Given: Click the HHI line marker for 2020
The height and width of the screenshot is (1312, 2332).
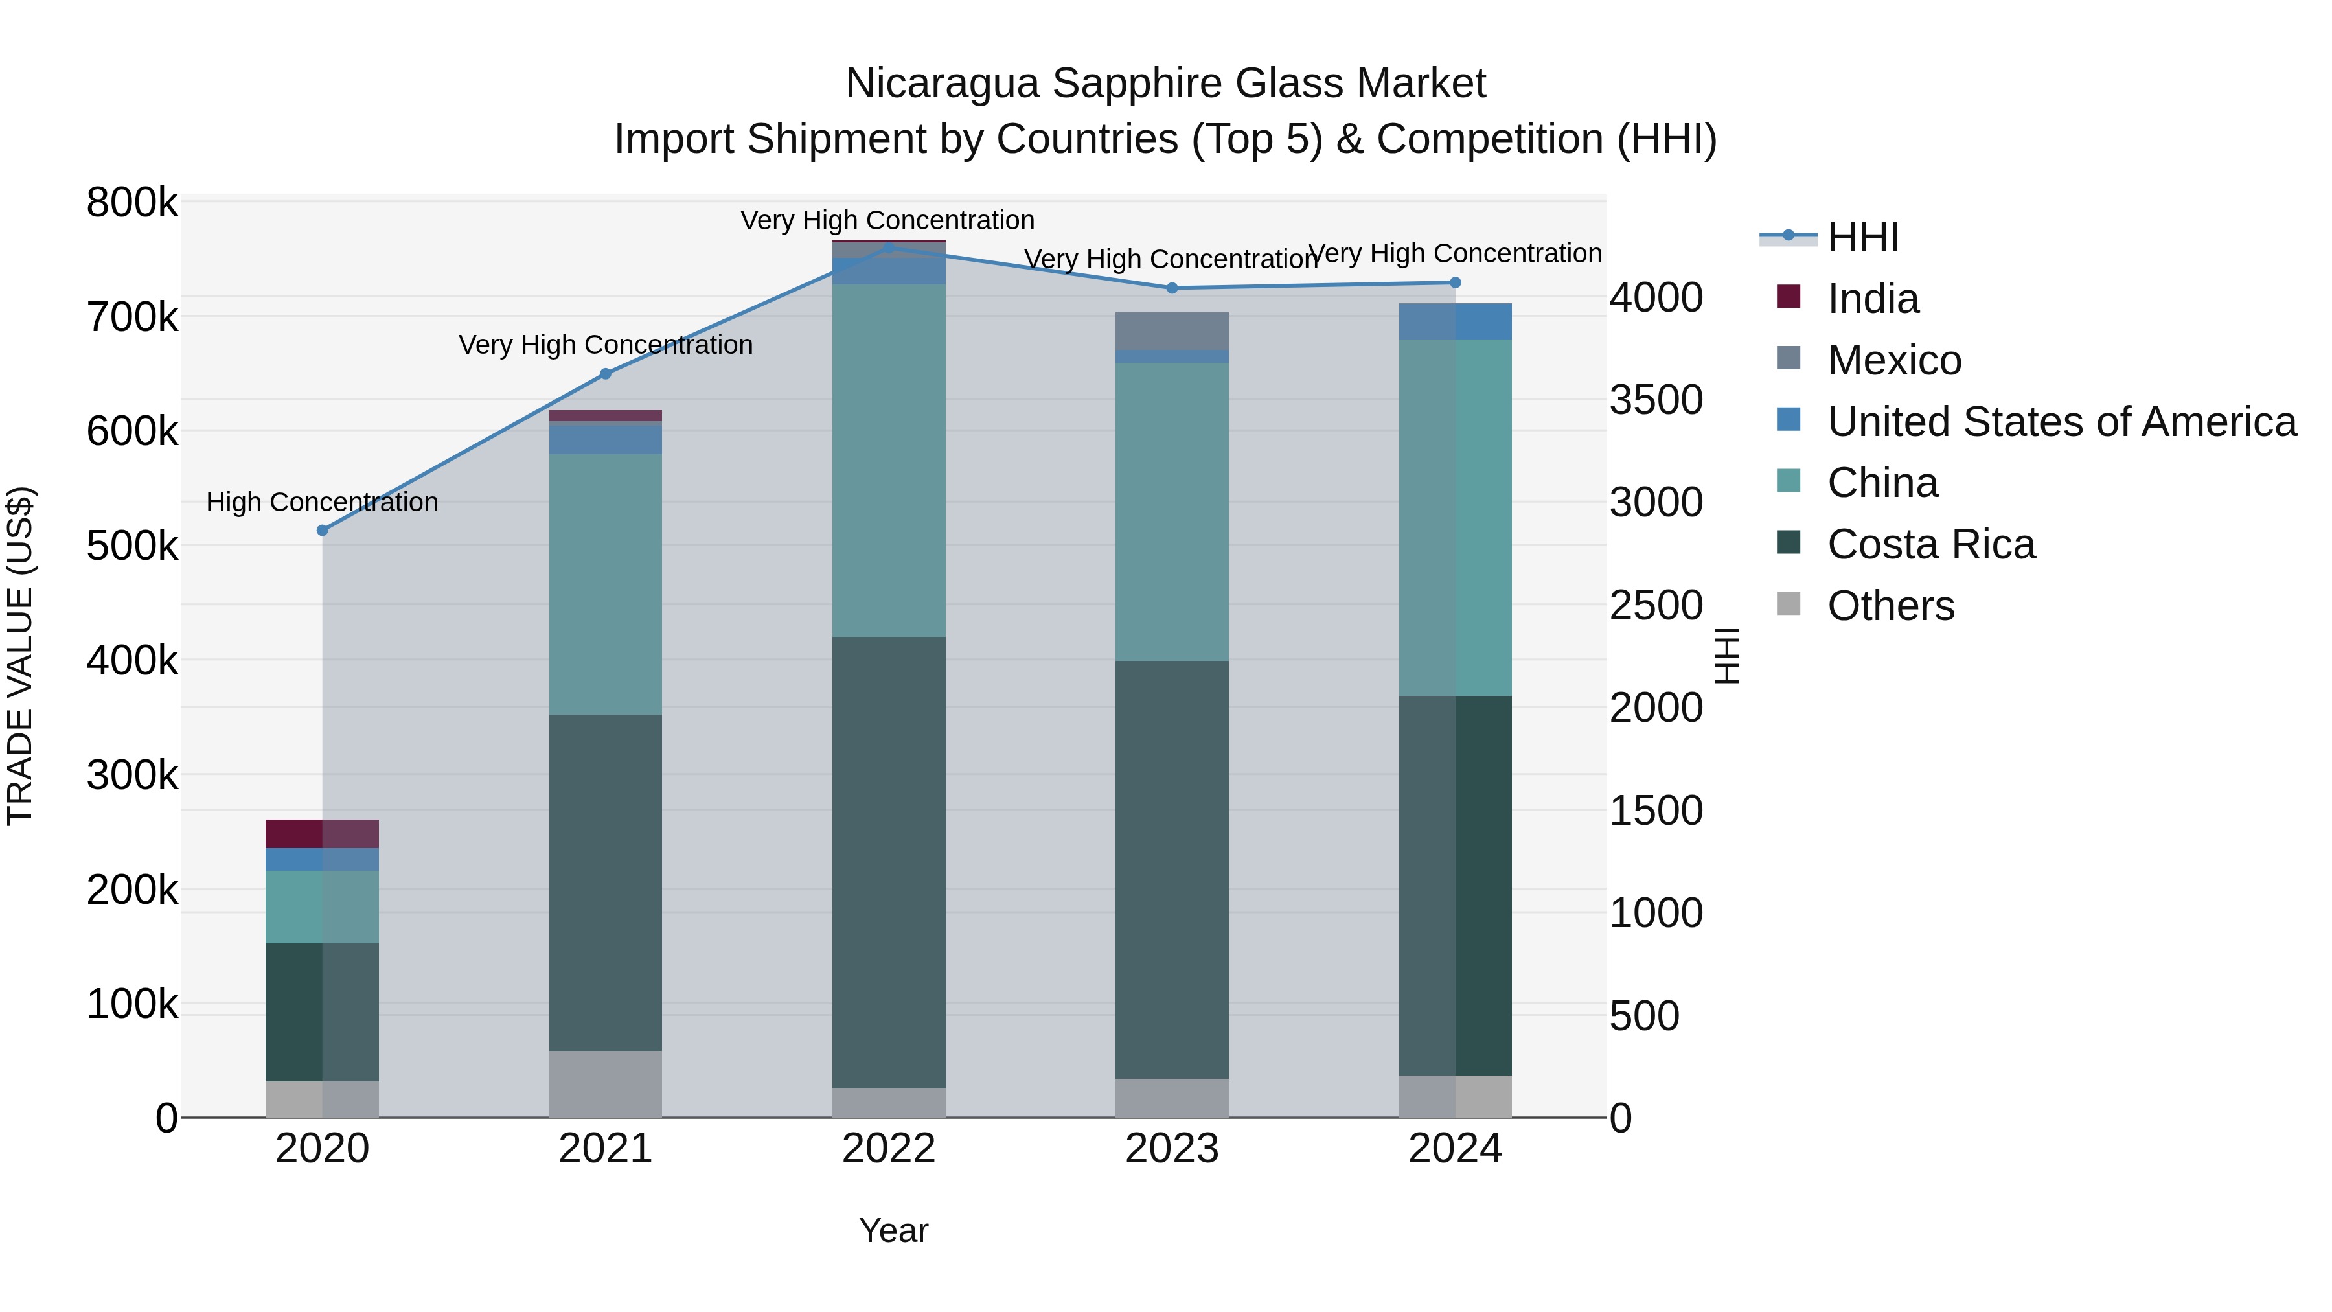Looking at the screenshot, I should coord(323,531).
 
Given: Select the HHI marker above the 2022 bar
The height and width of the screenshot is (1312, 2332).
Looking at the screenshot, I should coord(888,247).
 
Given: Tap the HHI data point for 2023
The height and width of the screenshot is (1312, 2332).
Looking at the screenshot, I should coord(1171,288).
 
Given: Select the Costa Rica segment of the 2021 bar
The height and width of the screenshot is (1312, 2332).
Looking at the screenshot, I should coord(605,883).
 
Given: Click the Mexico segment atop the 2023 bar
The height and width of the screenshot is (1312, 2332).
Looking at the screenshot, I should coord(1171,330).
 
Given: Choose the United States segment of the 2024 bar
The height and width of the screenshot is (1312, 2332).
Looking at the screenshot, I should coord(1455,321).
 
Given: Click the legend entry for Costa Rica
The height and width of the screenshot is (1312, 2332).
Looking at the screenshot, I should coord(1930,544).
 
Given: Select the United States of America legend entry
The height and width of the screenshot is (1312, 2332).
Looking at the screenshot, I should coord(2061,422).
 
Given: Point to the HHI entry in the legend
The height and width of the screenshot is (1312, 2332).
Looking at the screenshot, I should coord(1862,237).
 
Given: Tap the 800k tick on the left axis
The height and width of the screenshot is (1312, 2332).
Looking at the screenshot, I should coord(132,203).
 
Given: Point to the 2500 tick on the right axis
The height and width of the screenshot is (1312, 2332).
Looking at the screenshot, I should coord(1656,605).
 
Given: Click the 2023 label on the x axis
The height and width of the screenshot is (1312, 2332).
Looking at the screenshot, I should coord(1171,1149).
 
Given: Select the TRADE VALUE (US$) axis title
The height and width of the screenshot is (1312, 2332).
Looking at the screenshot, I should coord(20,656).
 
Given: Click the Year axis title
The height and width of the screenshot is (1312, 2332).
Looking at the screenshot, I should coord(893,1230).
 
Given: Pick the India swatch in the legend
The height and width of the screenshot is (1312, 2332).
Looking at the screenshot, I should coord(1788,296).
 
